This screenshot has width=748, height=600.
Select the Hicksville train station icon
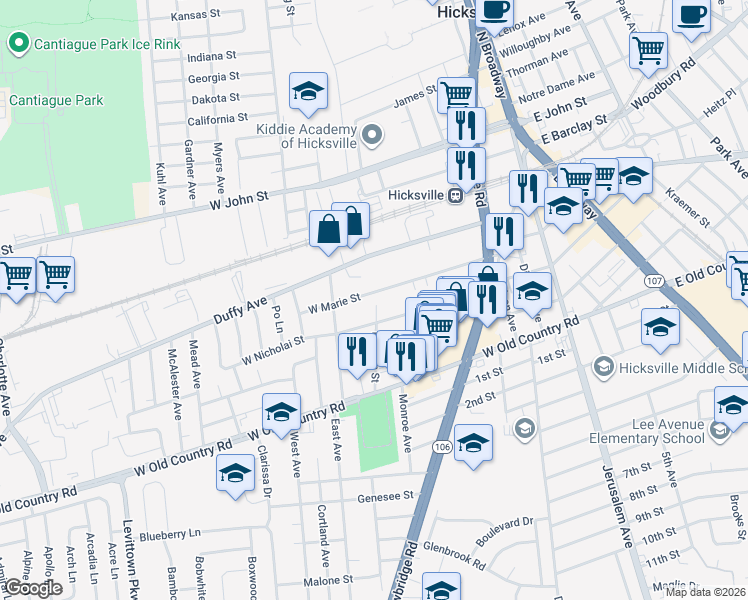[454, 195]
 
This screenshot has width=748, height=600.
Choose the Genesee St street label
[386, 496]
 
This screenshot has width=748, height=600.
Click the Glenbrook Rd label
[454, 548]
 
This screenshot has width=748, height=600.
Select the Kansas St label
[194, 16]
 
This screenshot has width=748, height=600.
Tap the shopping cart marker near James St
[456, 96]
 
